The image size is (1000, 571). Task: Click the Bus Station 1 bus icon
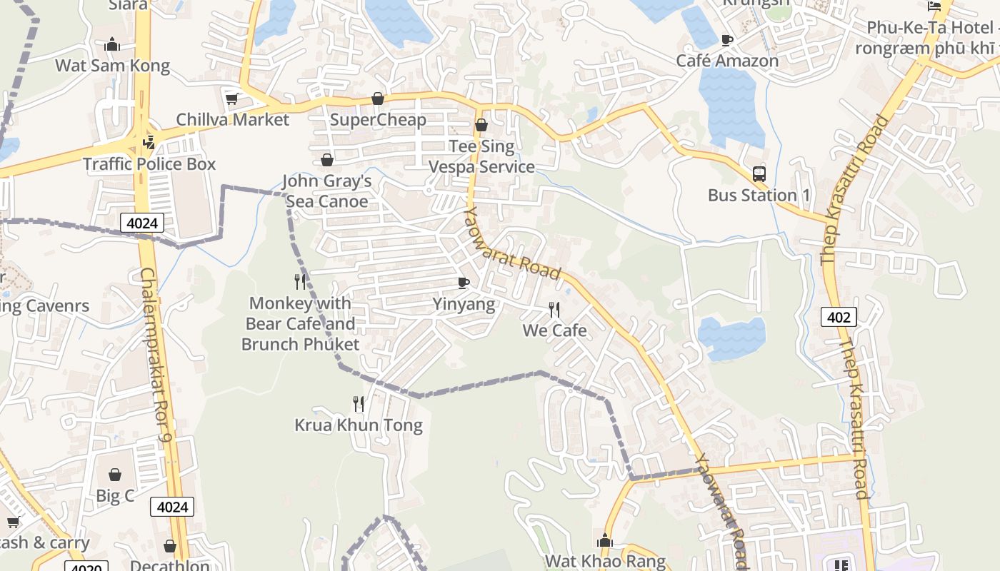759,173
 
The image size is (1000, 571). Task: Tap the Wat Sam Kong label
113,66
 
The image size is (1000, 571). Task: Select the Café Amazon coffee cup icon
727,40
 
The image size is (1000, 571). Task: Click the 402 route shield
839,316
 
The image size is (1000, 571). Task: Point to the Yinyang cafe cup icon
464,283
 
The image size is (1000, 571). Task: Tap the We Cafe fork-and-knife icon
554,310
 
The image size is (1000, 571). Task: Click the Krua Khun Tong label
359,425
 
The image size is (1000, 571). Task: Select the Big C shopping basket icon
115,475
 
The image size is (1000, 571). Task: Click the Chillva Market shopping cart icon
231,98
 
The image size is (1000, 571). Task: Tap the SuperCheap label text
378,119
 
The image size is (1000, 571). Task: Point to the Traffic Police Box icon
149,143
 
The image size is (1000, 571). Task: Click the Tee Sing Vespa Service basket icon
481,126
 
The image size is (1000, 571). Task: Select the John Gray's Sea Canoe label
327,191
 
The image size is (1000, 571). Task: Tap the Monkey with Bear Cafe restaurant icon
300,282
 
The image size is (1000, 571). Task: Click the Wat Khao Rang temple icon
605,540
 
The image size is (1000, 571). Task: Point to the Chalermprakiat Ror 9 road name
156,355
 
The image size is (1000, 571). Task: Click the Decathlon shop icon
170,546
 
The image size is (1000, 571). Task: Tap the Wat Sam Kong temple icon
112,45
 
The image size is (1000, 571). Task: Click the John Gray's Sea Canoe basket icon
327,160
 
